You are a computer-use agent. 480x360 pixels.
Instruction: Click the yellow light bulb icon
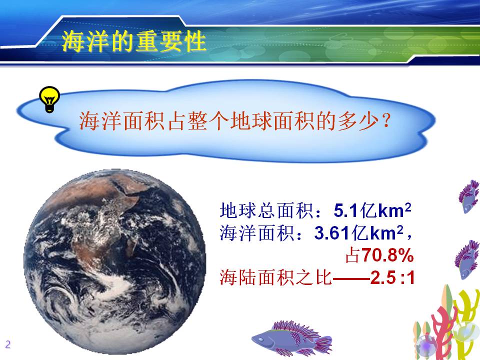[x=49, y=99]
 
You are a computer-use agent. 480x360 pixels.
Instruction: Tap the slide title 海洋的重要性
[x=133, y=41]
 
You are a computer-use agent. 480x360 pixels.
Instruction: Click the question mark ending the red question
[x=386, y=121]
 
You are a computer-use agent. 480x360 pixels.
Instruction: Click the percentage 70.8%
[x=387, y=255]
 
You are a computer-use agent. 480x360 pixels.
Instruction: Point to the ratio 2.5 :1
[x=392, y=277]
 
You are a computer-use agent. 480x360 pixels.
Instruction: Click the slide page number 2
[x=8, y=344]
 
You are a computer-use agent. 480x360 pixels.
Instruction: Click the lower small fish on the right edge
[x=467, y=259]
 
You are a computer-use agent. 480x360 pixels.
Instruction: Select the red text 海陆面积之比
[x=275, y=277]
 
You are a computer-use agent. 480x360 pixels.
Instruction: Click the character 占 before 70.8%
[x=353, y=255]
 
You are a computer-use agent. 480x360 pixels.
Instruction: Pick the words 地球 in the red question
[x=251, y=121]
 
